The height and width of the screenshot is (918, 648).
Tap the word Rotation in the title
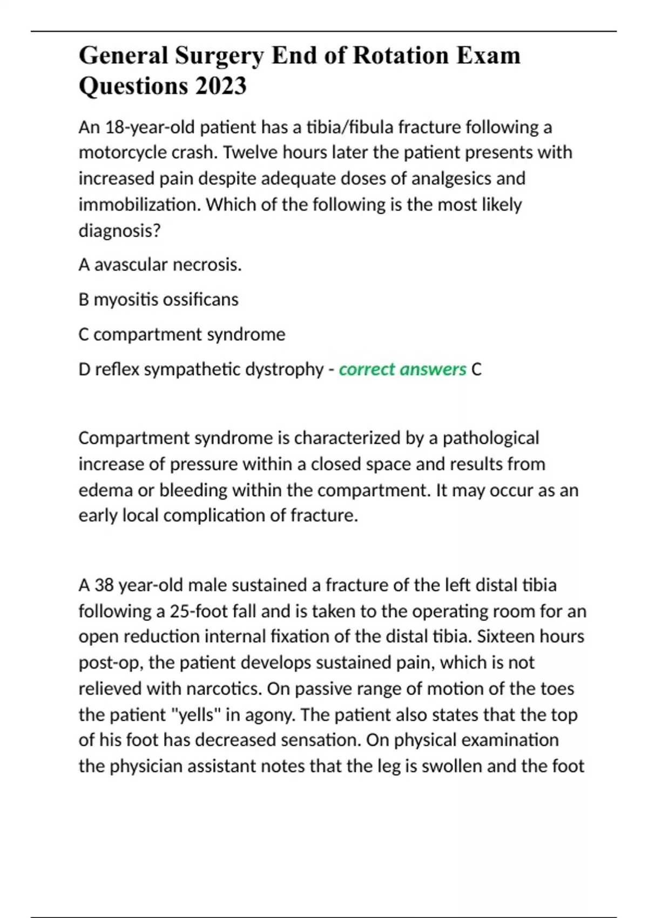pyautogui.click(x=401, y=56)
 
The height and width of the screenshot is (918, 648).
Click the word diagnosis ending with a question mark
pyautogui.click(x=119, y=231)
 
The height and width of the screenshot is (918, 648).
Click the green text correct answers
pyautogui.click(x=402, y=369)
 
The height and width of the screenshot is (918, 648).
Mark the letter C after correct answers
pyautogui.click(x=476, y=369)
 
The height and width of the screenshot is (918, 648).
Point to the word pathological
pyautogui.click(x=490, y=438)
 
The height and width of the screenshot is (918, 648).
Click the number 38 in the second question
pyautogui.click(x=104, y=585)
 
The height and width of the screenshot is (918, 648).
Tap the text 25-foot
pyautogui.click(x=203, y=611)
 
